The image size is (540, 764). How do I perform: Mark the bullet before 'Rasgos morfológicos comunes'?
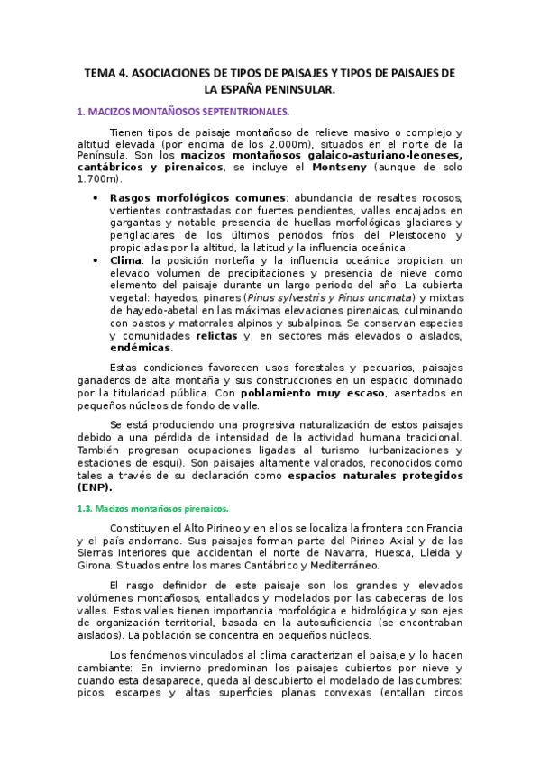96,197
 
